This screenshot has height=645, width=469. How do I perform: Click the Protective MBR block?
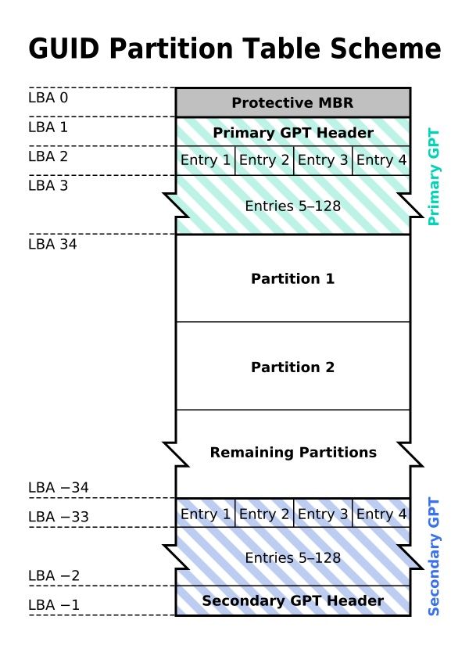[292, 102]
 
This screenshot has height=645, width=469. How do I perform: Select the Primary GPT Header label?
[292, 132]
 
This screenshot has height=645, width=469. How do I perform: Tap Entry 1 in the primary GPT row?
[206, 161]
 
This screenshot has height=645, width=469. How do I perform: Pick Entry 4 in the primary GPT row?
[381, 161]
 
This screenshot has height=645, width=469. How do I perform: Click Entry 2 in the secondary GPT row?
[264, 514]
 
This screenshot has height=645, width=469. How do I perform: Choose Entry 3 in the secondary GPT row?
[323, 514]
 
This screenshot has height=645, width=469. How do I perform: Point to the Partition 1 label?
[292, 278]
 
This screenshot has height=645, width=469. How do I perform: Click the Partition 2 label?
[292, 367]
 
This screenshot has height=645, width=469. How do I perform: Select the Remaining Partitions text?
[292, 453]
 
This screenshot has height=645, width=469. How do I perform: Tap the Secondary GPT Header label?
[292, 600]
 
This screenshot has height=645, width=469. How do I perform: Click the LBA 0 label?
[48, 98]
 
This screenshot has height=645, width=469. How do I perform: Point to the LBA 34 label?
[52, 244]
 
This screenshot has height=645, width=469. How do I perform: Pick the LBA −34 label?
[59, 488]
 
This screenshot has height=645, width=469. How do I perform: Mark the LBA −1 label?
[54, 605]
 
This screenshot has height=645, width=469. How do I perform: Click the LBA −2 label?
[54, 576]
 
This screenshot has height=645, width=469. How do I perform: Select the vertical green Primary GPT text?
[435, 177]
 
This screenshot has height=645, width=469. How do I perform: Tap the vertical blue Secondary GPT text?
[435, 557]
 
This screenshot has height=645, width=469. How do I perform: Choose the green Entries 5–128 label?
[292, 206]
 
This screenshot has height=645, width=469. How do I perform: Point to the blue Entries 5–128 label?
[292, 557]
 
